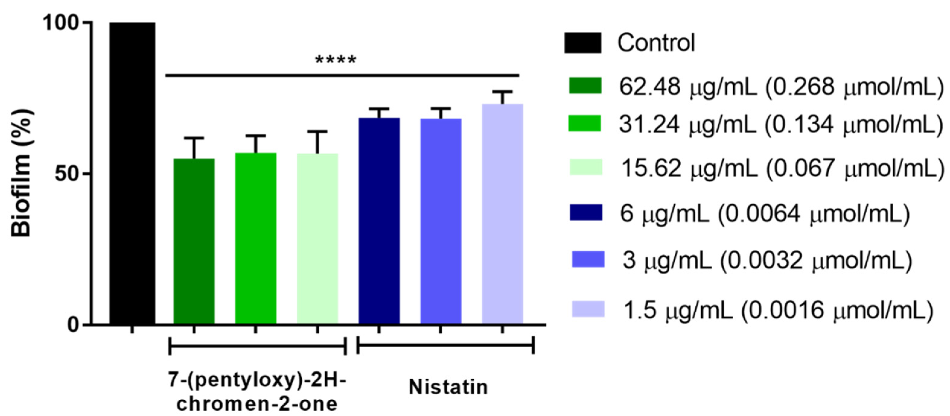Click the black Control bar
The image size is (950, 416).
click(132, 173)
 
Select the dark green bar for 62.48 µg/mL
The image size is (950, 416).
click(194, 241)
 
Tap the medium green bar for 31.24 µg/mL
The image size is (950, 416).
click(256, 238)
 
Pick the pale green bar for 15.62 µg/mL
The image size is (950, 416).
click(317, 239)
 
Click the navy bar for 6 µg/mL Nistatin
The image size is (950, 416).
click(379, 221)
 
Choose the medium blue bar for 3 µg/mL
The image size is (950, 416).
click(440, 221)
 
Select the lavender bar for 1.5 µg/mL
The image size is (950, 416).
click(502, 214)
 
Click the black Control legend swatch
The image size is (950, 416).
click(583, 43)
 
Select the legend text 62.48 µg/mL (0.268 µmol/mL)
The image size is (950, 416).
click(780, 87)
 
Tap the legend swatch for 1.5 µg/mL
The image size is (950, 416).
click(588, 309)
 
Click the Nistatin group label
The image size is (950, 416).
click(448, 387)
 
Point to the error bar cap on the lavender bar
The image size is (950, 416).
click(502, 91)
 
